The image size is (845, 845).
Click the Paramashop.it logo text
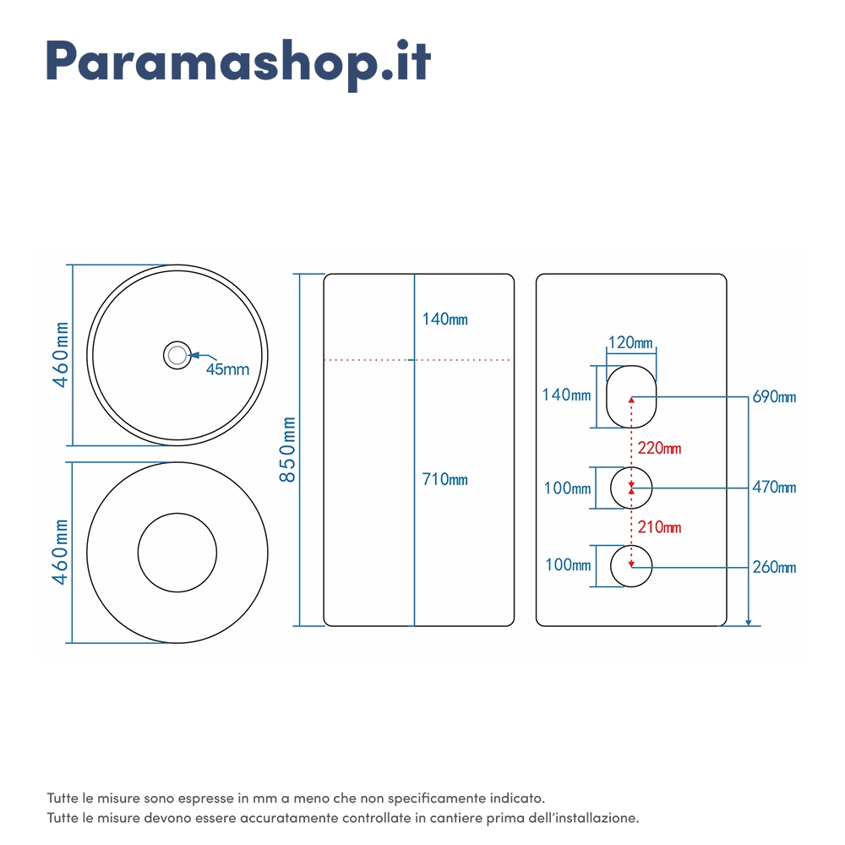tap(238, 63)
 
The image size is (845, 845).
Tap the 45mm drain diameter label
tap(227, 370)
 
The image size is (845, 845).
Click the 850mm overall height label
tap(287, 450)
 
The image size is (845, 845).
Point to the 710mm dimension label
tap(444, 479)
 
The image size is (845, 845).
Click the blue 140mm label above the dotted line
tap(444, 319)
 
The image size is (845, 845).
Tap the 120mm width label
tap(630, 343)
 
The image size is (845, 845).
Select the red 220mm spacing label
tap(660, 449)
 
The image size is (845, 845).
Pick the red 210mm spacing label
tap(660, 527)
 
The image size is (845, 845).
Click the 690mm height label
tap(774, 397)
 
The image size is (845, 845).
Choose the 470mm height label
tap(774, 488)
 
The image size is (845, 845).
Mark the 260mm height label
tap(774, 567)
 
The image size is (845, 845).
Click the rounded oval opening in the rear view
tap(607, 397)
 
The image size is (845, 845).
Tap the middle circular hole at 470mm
tap(611, 488)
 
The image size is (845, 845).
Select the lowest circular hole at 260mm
tap(611, 566)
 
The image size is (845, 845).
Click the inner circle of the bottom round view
tap(138, 553)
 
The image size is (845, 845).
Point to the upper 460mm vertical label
tap(60, 355)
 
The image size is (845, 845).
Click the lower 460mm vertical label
tap(60, 552)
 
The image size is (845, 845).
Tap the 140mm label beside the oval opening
tap(566, 395)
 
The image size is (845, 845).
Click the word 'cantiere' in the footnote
tap(449, 818)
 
